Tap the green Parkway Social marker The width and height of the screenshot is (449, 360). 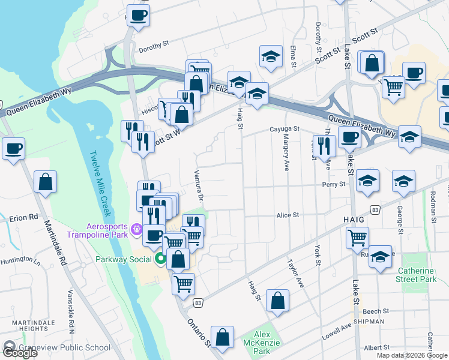(x=160, y=259)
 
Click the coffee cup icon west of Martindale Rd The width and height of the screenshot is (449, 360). (x=13, y=148)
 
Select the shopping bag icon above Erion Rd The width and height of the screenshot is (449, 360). (x=46, y=181)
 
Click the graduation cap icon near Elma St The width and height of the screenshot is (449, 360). (x=271, y=56)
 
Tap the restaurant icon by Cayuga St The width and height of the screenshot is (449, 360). (x=324, y=145)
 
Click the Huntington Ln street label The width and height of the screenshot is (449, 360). (x=20, y=261)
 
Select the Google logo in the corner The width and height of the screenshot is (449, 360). (x=19, y=352)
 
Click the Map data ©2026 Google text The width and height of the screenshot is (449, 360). (x=412, y=355)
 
